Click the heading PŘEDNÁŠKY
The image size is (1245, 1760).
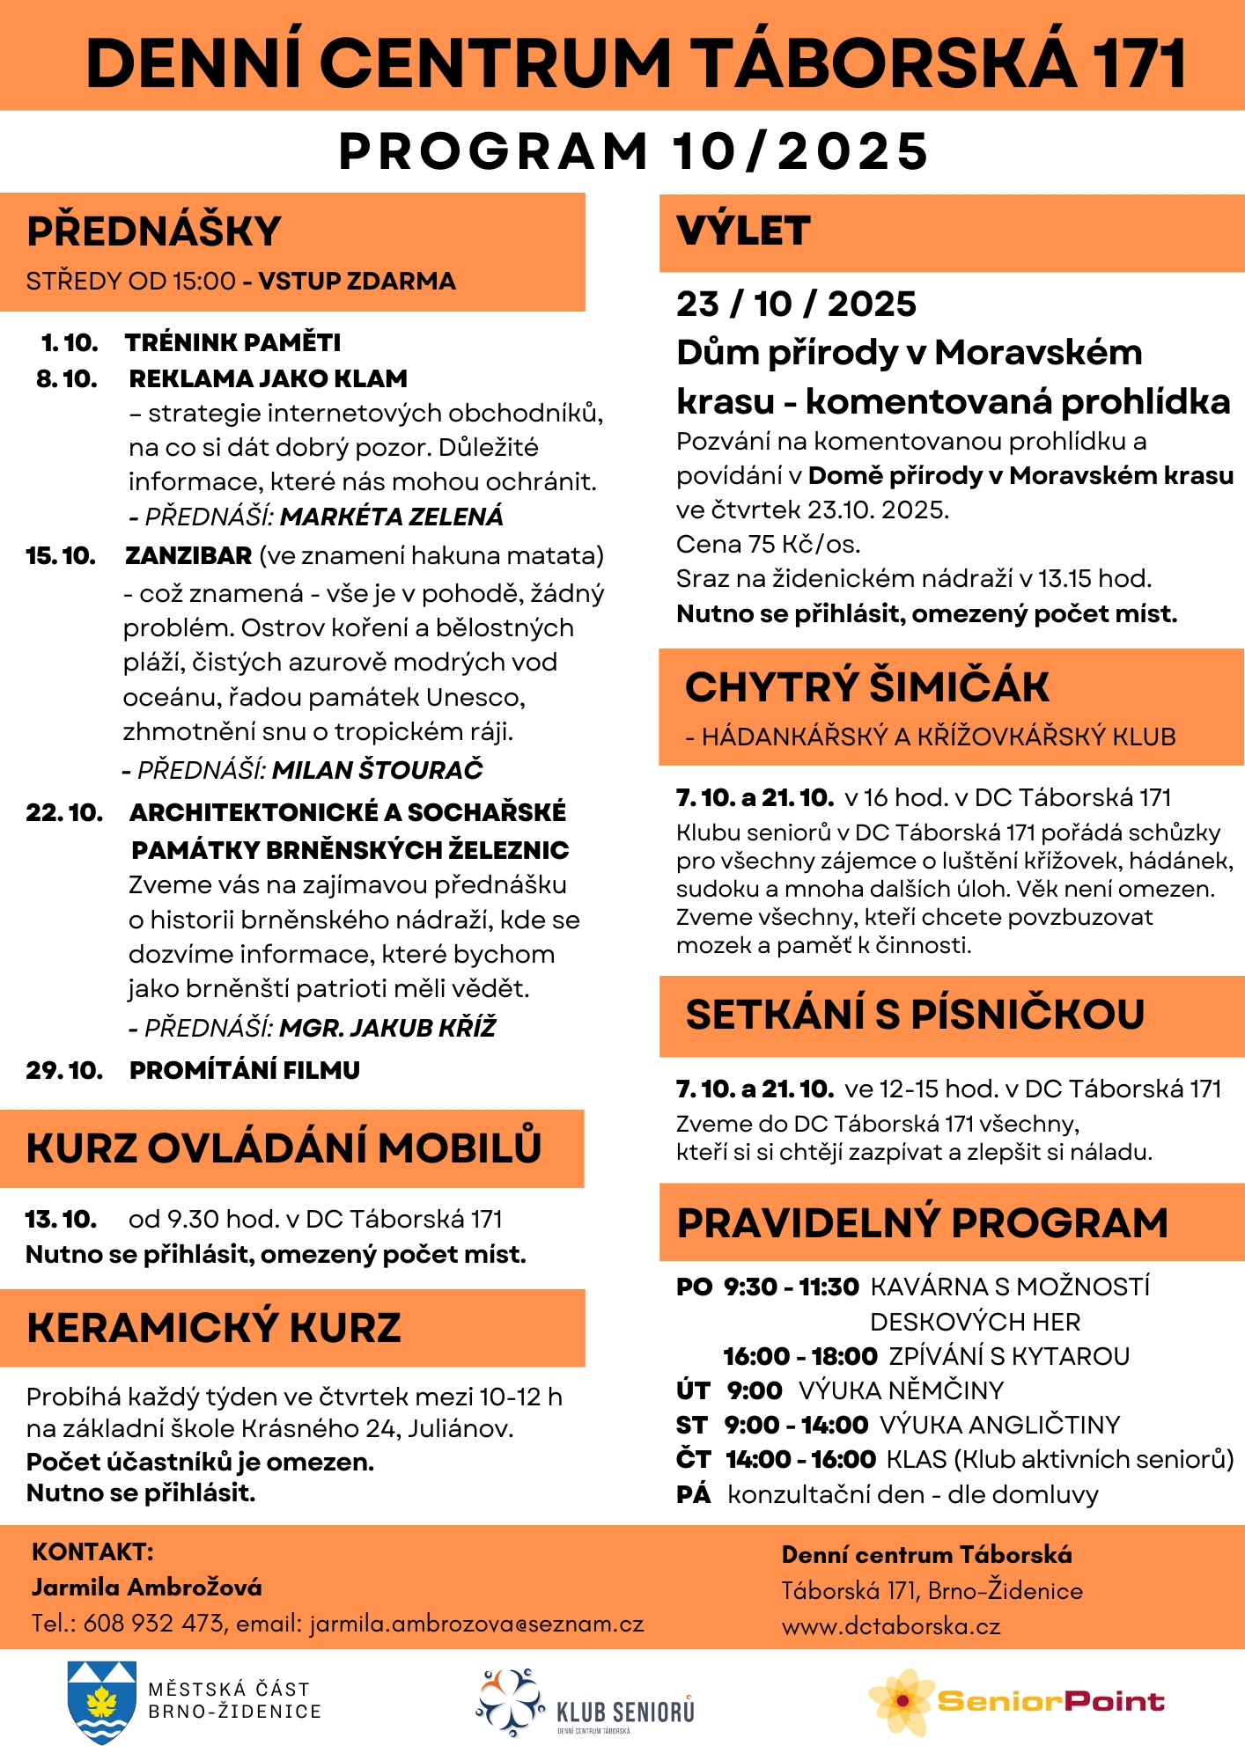pos(153,231)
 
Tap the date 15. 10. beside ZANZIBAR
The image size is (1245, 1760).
pos(61,556)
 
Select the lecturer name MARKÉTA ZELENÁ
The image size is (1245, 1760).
pos(392,517)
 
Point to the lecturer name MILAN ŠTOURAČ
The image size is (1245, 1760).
pos(378,770)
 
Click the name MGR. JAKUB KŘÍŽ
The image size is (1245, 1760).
pos(387,1028)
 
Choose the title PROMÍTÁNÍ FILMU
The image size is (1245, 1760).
pos(245,1070)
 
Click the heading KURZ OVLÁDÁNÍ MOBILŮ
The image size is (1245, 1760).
pos(284,1148)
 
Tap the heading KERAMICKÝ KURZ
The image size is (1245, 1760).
pos(214,1328)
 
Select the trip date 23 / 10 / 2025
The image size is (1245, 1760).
pos(796,304)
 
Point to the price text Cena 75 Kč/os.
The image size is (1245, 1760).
pos(768,545)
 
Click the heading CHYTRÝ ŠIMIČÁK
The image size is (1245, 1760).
pos(867,687)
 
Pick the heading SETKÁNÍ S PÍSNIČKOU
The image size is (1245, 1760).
pos(915,1015)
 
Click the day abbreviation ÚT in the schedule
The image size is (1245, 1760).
pos(693,1390)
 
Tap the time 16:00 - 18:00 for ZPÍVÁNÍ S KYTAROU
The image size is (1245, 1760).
pos(800,1356)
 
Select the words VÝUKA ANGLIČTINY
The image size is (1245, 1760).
pos(1000,1425)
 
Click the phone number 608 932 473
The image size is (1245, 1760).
pos(153,1624)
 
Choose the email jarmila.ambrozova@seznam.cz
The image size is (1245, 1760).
pos(476,1624)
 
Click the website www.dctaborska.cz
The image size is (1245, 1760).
pos(891,1626)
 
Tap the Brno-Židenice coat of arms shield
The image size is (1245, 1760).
pos(102,1702)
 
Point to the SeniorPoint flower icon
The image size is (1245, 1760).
pos(902,1701)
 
